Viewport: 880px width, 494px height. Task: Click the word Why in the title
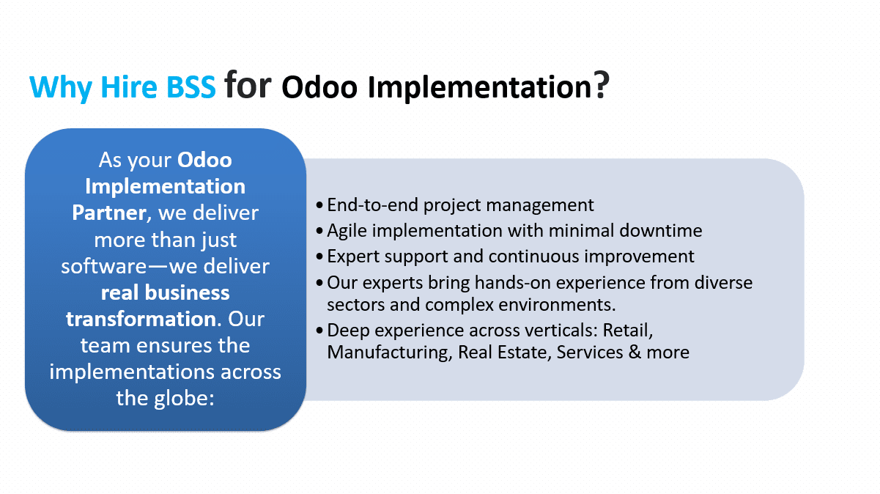61,87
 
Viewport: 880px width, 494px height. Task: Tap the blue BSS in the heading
191,86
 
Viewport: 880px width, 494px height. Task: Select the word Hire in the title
129,86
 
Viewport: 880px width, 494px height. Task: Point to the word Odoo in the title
319,86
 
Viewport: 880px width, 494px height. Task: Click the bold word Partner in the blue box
109,213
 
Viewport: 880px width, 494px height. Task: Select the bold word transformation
141,319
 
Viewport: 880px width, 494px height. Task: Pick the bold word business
187,292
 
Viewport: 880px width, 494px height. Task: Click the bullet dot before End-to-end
319,205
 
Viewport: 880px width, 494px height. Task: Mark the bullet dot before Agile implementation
319,231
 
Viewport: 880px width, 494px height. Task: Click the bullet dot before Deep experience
319,331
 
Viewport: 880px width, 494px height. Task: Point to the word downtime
661,230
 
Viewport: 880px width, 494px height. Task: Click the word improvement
639,257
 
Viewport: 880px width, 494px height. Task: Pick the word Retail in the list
628,331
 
